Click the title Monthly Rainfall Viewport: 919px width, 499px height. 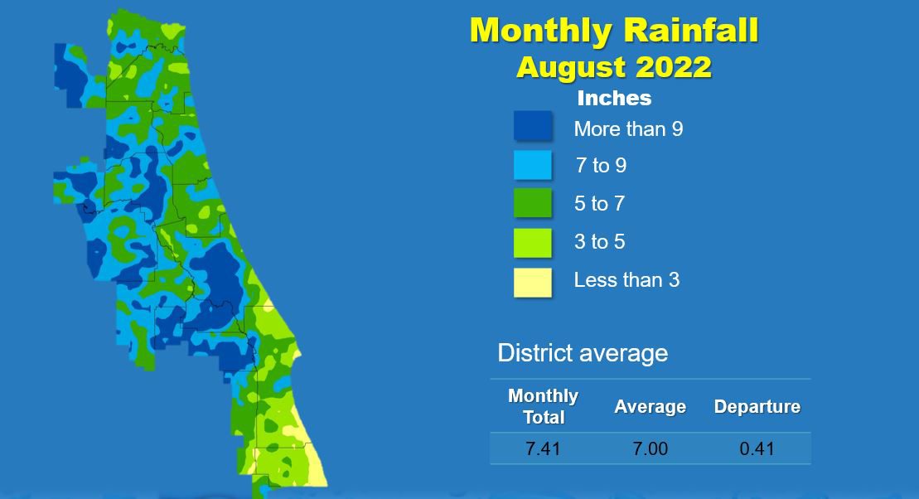[614, 31]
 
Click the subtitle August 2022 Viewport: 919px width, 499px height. [614, 67]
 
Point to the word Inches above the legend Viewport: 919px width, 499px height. [614, 98]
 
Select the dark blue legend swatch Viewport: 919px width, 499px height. [533, 125]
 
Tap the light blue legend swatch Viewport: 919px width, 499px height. [533, 165]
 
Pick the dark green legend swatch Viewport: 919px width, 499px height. [533, 203]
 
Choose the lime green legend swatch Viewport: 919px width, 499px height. [533, 243]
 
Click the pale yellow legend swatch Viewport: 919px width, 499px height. [533, 283]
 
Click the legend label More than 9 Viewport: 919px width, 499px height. [628, 129]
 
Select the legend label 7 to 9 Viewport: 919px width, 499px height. [601, 165]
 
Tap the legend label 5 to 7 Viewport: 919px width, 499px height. [600, 203]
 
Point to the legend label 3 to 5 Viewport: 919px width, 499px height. [600, 241]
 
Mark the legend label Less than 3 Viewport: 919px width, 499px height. [626, 279]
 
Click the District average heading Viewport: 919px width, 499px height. [583, 353]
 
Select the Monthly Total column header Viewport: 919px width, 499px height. [544, 406]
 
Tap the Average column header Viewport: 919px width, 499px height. [650, 406]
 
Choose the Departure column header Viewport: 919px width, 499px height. [757, 406]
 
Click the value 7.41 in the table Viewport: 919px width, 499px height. [544, 448]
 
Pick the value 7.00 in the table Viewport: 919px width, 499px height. [650, 448]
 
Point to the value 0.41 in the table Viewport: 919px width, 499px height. [757, 448]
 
